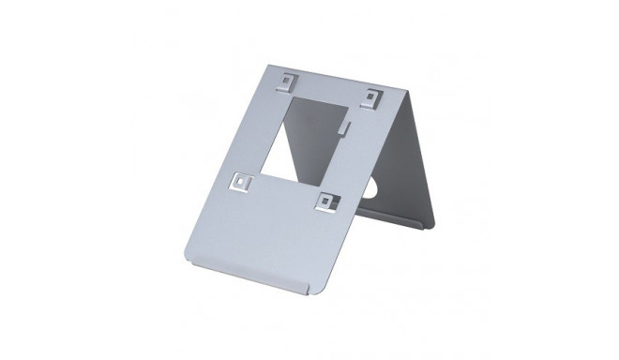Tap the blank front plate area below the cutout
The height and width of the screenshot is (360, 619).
tap(272, 234)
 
